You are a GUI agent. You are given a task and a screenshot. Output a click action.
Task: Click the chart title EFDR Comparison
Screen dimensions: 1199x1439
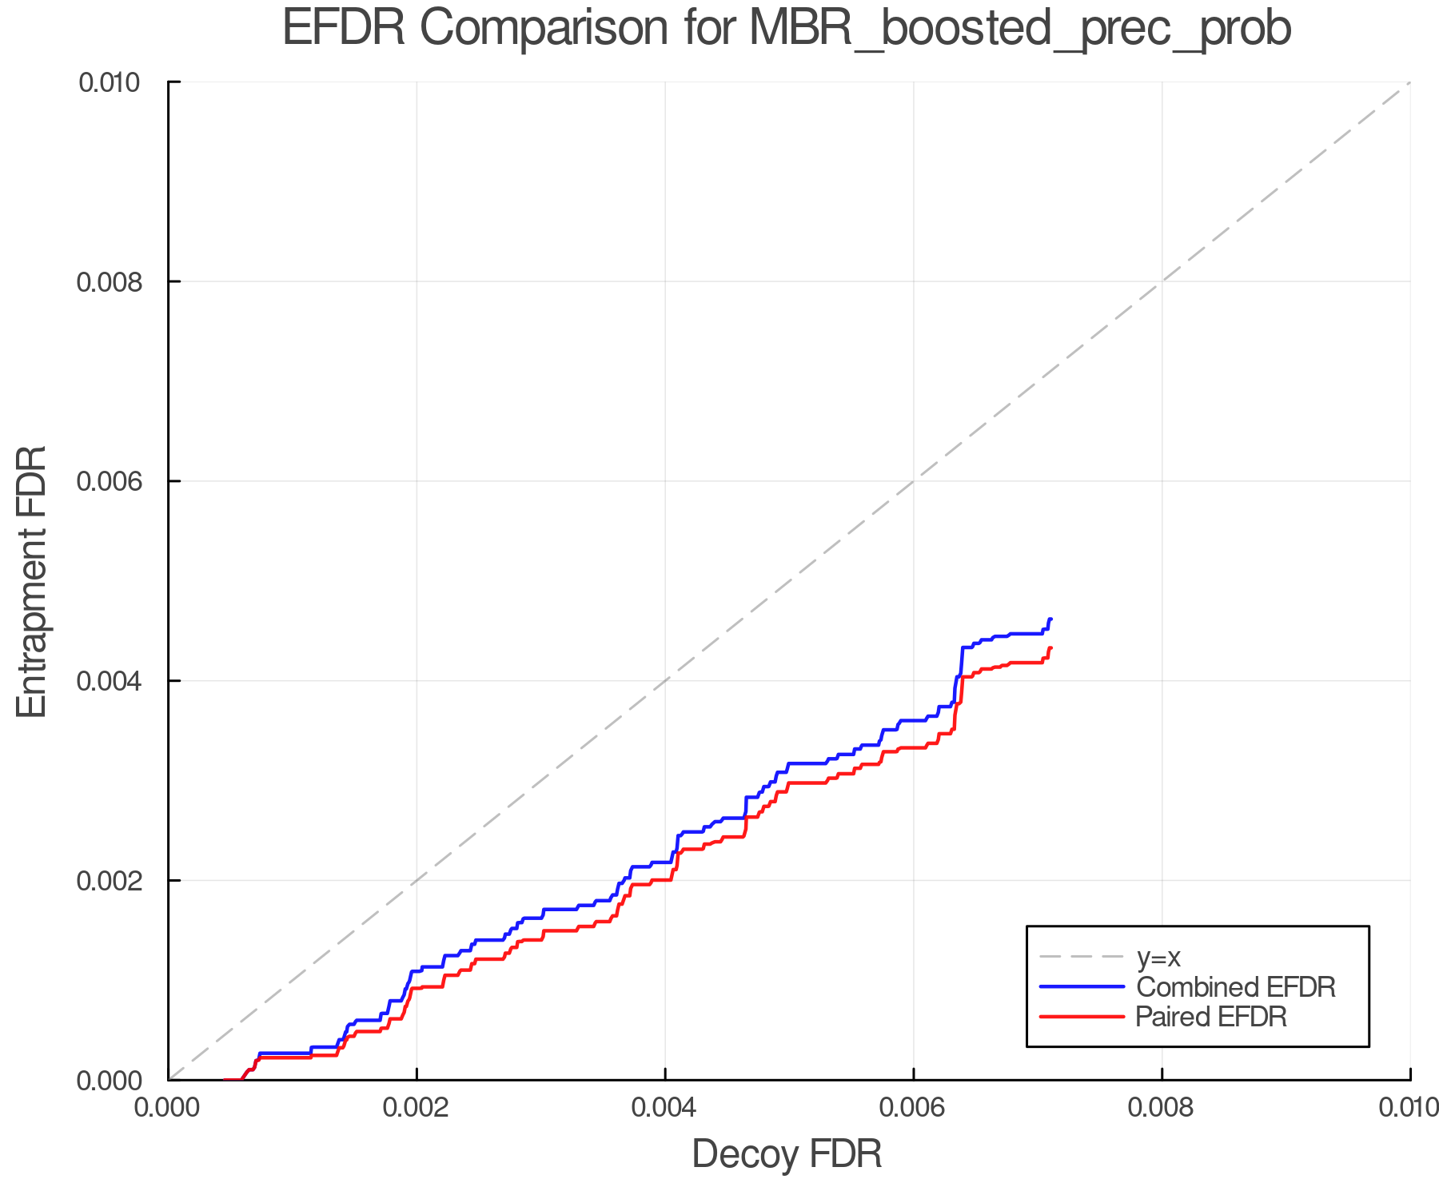[787, 29]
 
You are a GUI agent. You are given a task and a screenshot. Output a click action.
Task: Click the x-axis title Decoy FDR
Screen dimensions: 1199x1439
[787, 1153]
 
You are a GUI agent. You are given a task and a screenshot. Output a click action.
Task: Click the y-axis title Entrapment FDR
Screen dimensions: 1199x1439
[32, 581]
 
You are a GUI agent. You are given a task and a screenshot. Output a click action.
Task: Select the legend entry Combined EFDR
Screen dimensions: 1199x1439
[1235, 987]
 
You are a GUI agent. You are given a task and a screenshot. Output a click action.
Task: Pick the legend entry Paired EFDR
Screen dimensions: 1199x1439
[1210, 1017]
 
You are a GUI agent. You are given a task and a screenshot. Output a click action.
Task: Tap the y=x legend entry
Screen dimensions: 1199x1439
[1158, 957]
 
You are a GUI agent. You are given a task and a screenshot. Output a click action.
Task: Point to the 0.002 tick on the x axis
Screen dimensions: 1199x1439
[417, 1108]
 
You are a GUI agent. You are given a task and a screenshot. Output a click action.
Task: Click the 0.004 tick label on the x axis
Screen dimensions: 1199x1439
[665, 1108]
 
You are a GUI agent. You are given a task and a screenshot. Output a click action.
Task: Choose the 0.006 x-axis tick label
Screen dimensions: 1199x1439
[913, 1108]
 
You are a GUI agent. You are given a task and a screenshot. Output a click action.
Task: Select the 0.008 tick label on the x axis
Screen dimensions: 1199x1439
[1162, 1108]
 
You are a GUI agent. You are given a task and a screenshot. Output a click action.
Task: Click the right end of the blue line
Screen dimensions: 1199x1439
[1050, 619]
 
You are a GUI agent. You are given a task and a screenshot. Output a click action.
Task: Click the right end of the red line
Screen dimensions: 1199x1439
[1050, 647]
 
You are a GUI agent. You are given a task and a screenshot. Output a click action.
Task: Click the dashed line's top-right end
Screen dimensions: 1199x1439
[1409, 83]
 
